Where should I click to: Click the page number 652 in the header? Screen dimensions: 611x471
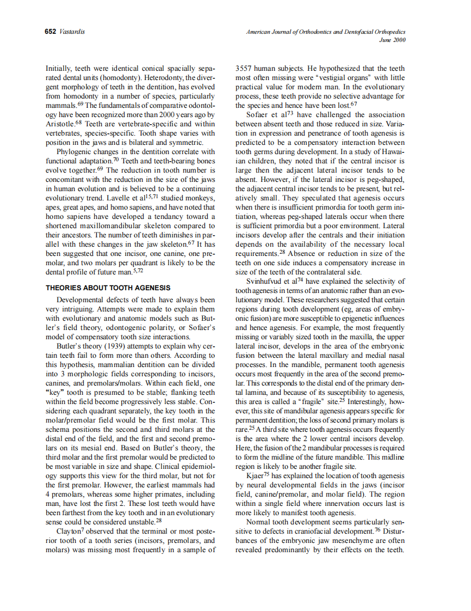pos(50,32)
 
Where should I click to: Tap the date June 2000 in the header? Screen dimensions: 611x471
pos(393,40)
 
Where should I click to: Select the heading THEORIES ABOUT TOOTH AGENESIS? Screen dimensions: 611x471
pos(108,288)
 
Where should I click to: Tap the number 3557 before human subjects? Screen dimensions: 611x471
pos(244,69)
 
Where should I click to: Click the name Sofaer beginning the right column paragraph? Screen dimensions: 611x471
pos(259,115)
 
